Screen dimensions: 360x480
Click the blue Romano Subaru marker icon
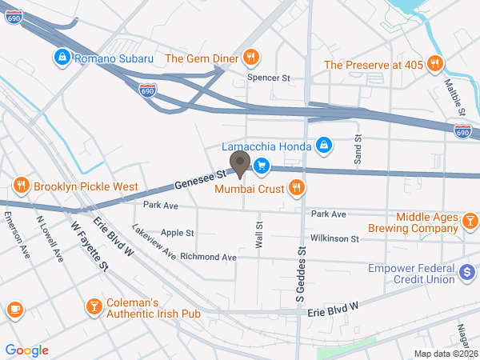click(62, 58)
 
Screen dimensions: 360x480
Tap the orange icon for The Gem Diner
click(251, 57)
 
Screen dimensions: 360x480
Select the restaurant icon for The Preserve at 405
click(434, 64)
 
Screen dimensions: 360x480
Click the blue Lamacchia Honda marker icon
click(324, 145)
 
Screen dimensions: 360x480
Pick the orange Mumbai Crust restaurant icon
click(296, 187)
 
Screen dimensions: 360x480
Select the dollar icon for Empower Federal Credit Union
click(466, 273)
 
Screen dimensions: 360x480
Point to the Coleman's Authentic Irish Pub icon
click(94, 306)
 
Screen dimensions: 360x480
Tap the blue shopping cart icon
click(261, 166)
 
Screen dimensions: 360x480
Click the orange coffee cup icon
click(14, 310)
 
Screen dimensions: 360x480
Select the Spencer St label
click(268, 78)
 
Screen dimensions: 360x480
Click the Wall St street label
click(259, 234)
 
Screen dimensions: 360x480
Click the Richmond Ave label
click(208, 257)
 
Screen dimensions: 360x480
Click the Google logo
click(27, 350)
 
